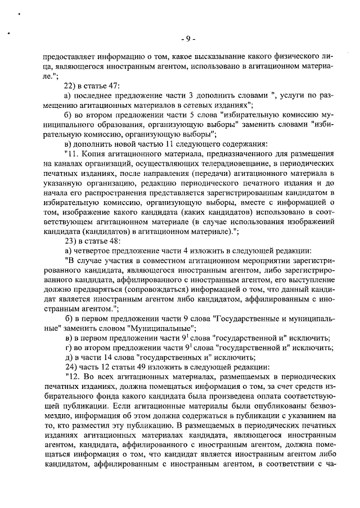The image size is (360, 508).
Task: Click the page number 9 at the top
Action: click(x=187, y=39)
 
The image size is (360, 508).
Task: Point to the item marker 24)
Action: click(x=71, y=367)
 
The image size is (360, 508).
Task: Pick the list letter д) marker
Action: click(x=69, y=357)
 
